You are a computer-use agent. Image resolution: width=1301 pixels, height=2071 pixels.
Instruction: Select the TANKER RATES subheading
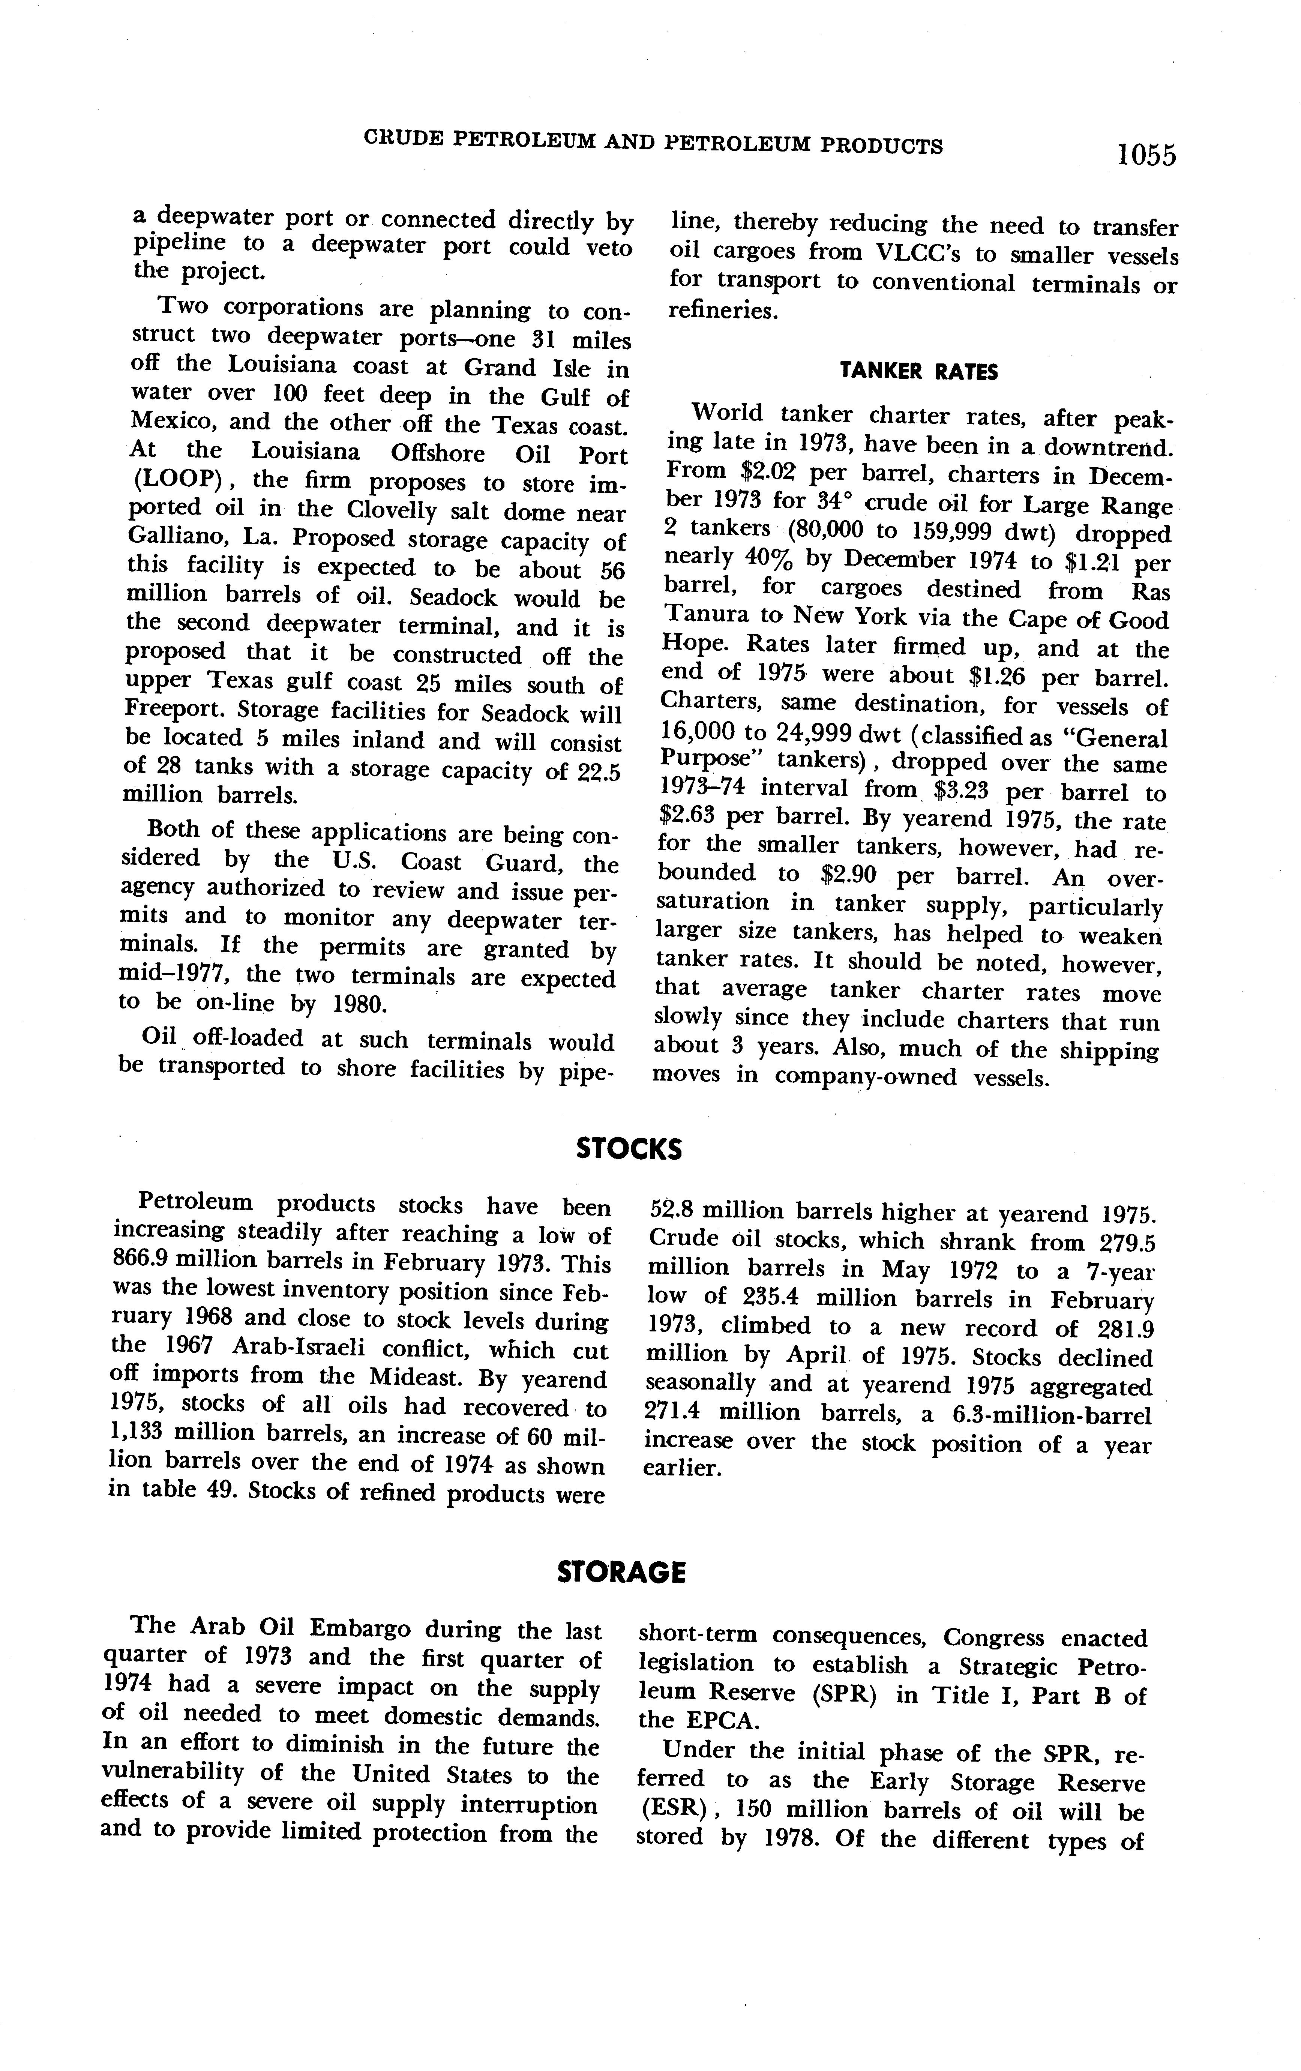(x=918, y=372)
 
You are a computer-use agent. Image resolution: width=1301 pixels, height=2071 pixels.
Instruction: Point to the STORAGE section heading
(x=621, y=1573)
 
